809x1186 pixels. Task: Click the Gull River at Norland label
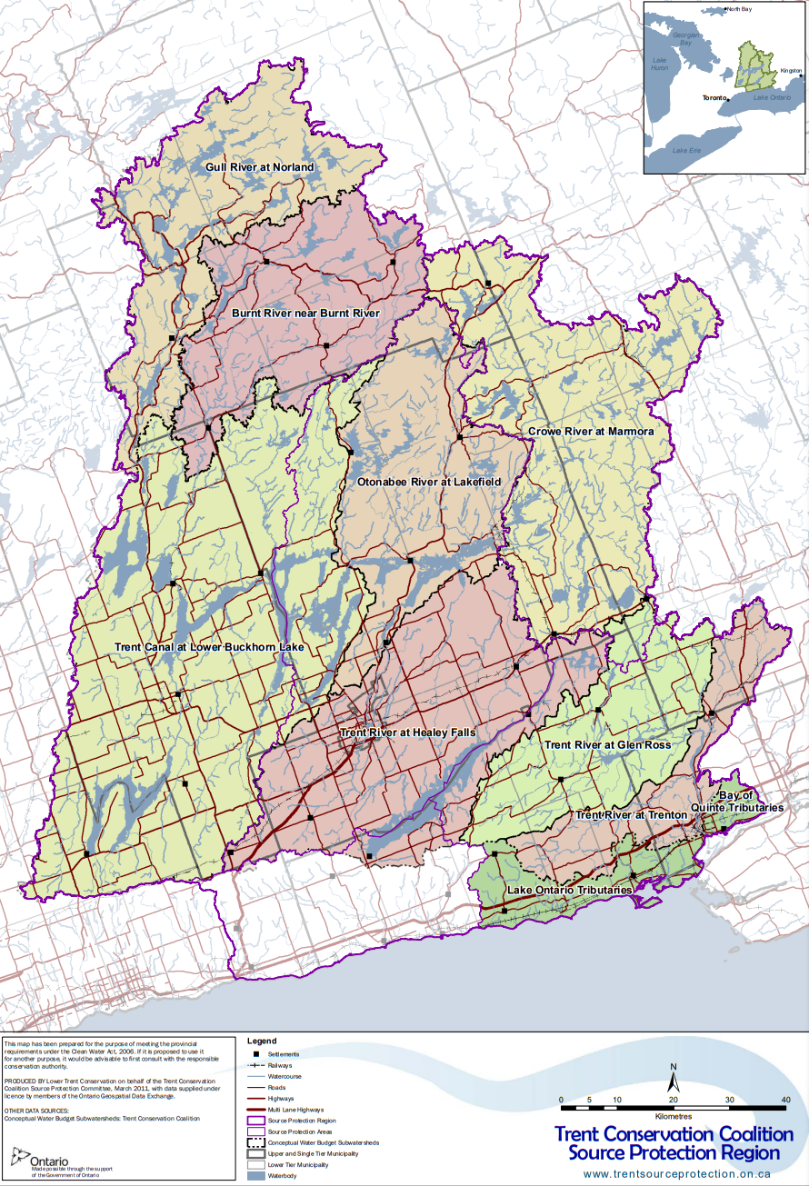coord(257,167)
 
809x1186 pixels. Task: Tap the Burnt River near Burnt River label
coord(305,314)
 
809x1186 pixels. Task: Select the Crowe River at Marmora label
coord(591,431)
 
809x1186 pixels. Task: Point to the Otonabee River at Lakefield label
coord(429,481)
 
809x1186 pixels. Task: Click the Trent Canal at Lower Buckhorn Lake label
coord(209,647)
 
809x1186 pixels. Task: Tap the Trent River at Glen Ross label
coord(607,745)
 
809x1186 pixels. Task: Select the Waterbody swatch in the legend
coord(258,1176)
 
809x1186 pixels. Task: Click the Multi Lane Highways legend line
coord(258,1109)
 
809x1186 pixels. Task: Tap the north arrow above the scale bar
coord(674,1081)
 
